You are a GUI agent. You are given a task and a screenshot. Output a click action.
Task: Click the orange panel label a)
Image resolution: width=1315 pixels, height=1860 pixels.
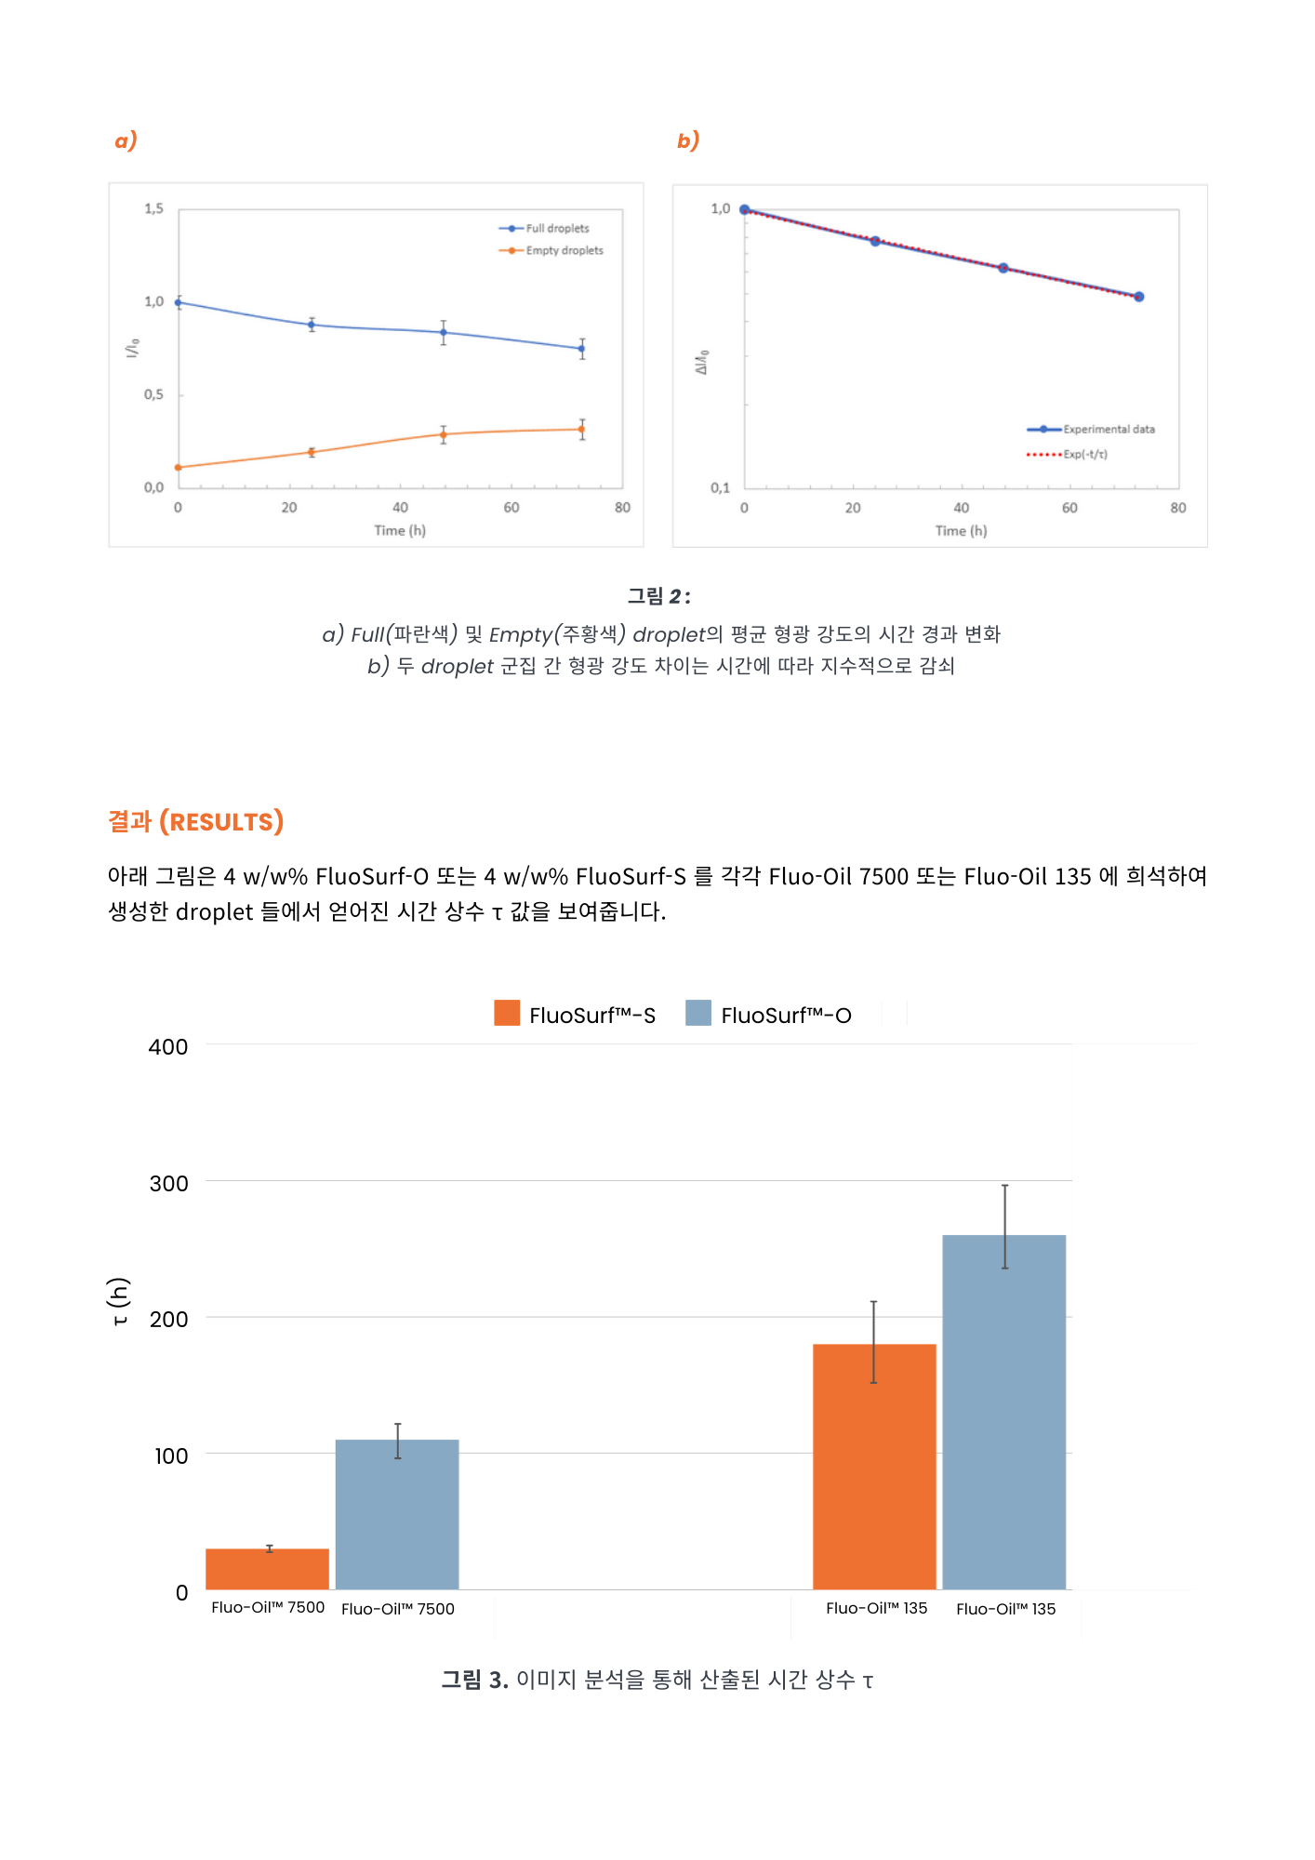click(126, 140)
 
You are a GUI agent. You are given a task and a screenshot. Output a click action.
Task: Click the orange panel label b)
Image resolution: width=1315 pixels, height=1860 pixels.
click(687, 140)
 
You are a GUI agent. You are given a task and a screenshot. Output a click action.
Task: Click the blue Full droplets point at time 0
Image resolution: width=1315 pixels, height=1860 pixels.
click(179, 302)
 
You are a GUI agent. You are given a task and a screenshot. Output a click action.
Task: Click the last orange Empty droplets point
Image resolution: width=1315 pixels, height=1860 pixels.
click(582, 430)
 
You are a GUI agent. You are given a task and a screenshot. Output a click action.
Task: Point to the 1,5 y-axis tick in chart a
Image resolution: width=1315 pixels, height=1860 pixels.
click(153, 209)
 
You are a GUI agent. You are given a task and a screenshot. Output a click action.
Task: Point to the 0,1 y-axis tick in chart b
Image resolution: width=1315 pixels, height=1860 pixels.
click(720, 488)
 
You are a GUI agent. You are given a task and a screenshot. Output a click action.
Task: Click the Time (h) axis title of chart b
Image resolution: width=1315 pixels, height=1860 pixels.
click(961, 531)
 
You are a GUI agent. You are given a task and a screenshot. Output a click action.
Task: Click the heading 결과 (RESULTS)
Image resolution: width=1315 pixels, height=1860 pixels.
click(195, 822)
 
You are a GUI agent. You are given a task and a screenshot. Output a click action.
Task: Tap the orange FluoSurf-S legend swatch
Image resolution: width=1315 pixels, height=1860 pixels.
click(507, 1014)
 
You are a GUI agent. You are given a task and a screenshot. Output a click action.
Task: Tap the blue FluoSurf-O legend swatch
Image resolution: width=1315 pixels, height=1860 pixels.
click(698, 1014)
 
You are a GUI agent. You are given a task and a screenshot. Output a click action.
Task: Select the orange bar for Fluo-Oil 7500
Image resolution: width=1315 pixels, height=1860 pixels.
click(268, 1569)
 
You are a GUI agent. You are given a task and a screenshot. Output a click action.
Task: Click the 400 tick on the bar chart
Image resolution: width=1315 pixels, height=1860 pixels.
click(168, 1047)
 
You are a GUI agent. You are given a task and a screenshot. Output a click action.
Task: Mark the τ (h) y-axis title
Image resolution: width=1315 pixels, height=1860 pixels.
click(119, 1302)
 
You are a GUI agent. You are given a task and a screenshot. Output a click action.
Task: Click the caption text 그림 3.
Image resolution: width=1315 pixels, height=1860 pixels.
click(474, 1680)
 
